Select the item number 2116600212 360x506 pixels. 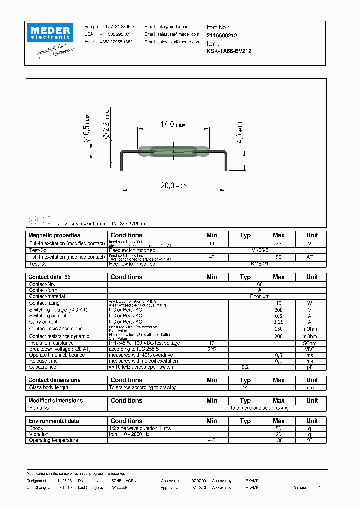pyautogui.click(x=222, y=36)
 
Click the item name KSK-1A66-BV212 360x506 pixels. pyautogui.click(x=229, y=51)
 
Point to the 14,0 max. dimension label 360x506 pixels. pyautogui.click(x=173, y=124)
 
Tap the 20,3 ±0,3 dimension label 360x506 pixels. pyautogui.click(x=173, y=185)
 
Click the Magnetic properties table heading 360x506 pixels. pyautogui.click(x=54, y=235)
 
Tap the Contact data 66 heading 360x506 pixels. pyautogui.click(x=50, y=277)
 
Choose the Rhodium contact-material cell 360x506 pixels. pyautogui.click(x=260, y=296)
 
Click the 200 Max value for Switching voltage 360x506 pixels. pyautogui.click(x=278, y=309)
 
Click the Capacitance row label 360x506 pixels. pyautogui.click(x=43, y=367)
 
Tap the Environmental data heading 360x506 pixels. pyautogui.click(x=53, y=421)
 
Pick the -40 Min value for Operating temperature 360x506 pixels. pyautogui.click(x=211, y=440)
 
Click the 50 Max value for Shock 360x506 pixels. pyautogui.click(x=278, y=429)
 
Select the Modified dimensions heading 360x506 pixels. pyautogui.click(x=55, y=400)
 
